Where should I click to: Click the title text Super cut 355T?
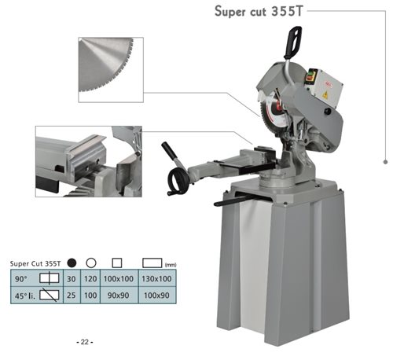coord(259,12)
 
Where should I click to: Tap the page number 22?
coord(85,342)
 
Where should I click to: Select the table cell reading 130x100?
coord(156,278)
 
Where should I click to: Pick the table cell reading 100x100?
coord(119,278)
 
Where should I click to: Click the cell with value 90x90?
coord(119,296)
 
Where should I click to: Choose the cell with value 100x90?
coord(156,296)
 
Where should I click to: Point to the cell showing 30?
coord(72,279)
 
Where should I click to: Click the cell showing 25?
coord(72,296)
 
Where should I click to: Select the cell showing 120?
coord(90,278)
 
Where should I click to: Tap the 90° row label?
coord(21,279)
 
